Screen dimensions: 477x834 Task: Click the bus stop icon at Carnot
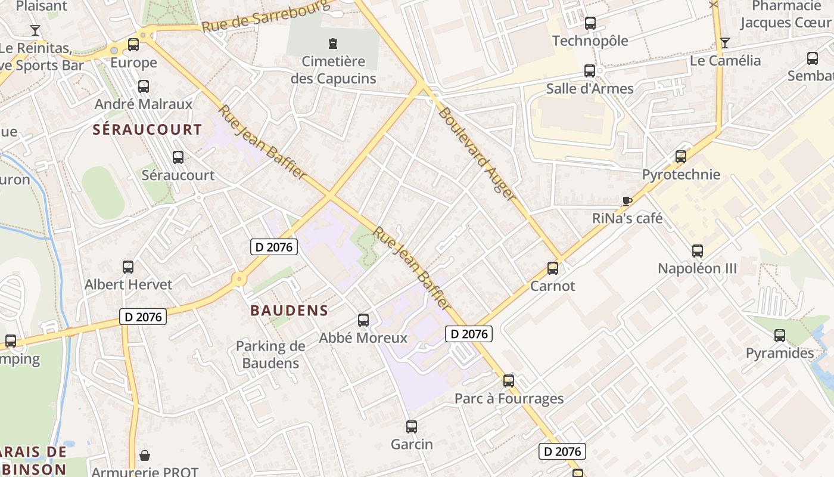click(x=553, y=268)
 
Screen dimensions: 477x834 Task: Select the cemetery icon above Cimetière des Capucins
click(x=332, y=43)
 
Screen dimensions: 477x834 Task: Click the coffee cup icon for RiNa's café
click(x=627, y=201)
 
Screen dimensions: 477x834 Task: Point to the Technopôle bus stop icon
click(x=590, y=23)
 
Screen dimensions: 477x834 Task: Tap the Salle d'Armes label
click(x=590, y=89)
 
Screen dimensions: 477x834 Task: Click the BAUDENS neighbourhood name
click(x=290, y=310)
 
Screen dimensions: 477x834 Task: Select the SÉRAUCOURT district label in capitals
click(x=147, y=129)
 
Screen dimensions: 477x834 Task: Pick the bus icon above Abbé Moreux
click(x=363, y=320)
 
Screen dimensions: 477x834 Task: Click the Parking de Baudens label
click(x=270, y=354)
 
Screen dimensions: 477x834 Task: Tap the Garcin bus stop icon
click(x=412, y=427)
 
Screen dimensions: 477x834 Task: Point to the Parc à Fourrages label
click(x=509, y=398)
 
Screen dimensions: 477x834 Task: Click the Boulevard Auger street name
click(x=477, y=153)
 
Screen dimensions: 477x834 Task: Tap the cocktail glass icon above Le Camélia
click(x=725, y=43)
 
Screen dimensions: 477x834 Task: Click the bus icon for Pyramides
click(x=780, y=336)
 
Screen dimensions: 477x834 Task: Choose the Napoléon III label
click(x=697, y=268)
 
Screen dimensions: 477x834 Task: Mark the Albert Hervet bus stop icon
click(x=128, y=267)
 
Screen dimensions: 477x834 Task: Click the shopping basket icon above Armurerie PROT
click(x=145, y=456)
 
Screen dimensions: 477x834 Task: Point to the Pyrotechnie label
click(x=681, y=175)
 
